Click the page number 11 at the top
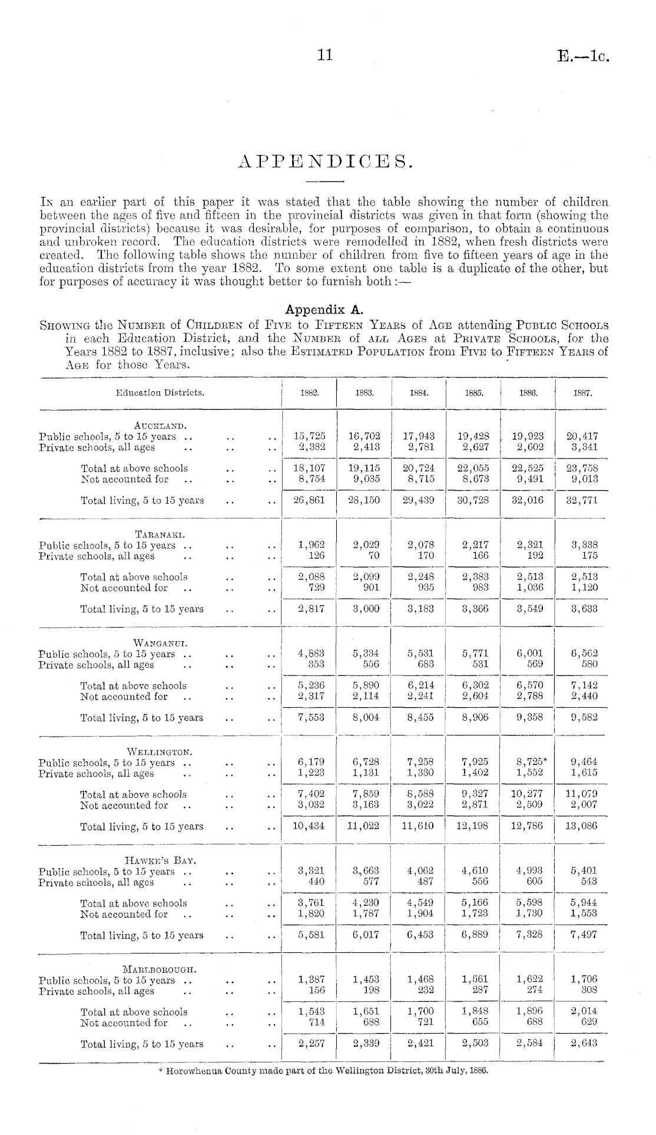click(x=325, y=55)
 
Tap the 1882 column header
click(x=309, y=392)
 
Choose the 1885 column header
click(x=473, y=392)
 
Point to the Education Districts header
click(x=160, y=392)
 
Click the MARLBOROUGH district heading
click(x=159, y=969)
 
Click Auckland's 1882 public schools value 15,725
click(x=309, y=436)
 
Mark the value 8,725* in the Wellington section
click(x=529, y=762)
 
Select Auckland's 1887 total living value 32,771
click(x=582, y=500)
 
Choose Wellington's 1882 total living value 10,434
click(x=309, y=826)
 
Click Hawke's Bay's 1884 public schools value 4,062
click(x=420, y=871)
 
